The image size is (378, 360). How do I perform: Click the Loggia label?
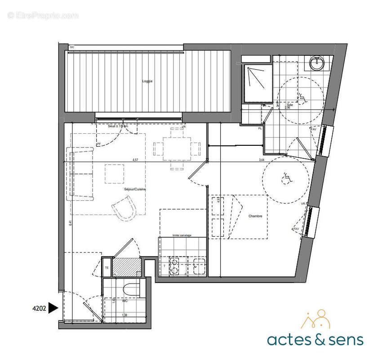[x=147, y=81]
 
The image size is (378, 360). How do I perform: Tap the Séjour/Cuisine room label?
[x=134, y=189]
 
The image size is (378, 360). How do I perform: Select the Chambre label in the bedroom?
[x=255, y=216]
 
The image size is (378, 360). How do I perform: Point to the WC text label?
[x=119, y=301]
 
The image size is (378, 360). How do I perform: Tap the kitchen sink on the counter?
[x=198, y=266]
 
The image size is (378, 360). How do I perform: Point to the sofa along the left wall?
[x=80, y=174]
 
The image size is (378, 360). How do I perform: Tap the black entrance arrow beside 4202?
[x=53, y=308]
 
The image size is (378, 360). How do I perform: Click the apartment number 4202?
[x=39, y=308]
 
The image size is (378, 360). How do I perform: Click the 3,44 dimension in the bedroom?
[x=261, y=159]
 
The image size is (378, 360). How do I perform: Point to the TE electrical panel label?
[x=107, y=268]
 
